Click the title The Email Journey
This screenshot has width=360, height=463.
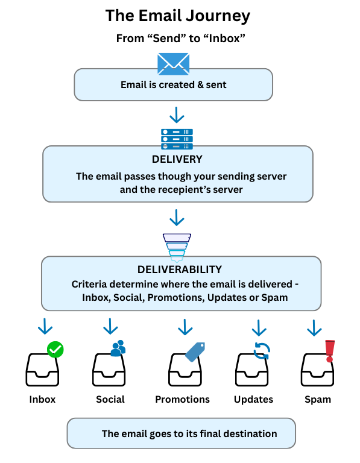[177, 16]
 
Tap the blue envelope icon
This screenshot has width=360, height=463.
[174, 63]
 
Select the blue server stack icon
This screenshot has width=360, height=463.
[177, 139]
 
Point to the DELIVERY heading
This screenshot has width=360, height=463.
[177, 160]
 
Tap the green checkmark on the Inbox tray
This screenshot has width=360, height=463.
[55, 349]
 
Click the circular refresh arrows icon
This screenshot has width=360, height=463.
[261, 350]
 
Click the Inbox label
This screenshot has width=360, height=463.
[42, 399]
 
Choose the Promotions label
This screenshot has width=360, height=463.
[182, 399]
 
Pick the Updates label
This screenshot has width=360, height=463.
[253, 399]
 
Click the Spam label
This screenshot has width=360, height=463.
[317, 399]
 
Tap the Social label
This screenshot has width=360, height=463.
[110, 399]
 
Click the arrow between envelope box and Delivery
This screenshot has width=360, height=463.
[177, 114]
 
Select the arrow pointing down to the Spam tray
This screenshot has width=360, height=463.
[314, 328]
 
